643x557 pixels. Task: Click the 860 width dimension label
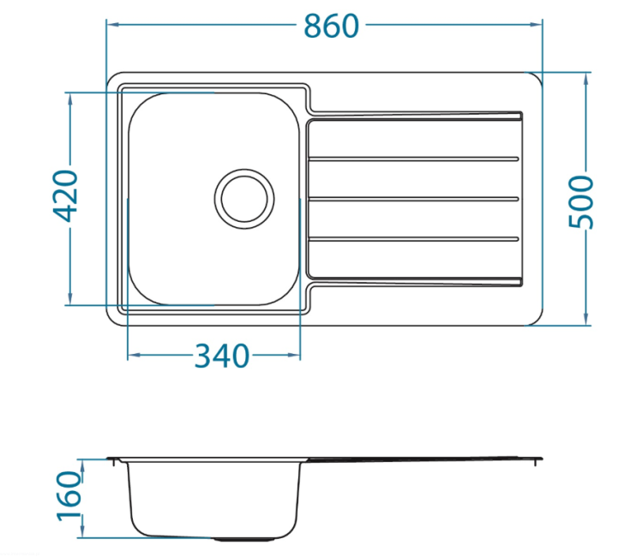pyautogui.click(x=331, y=27)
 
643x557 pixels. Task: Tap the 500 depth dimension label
pyautogui.click(x=581, y=201)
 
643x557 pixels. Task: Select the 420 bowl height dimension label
pyautogui.click(x=66, y=196)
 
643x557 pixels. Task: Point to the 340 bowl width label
pyautogui.click(x=222, y=356)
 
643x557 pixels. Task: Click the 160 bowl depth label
pyautogui.click(x=69, y=496)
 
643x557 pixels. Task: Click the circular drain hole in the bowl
pyautogui.click(x=244, y=199)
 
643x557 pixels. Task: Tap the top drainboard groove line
pyautogui.click(x=413, y=159)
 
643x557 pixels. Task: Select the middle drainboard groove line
pyautogui.click(x=413, y=199)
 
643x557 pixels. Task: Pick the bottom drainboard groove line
pyautogui.click(x=413, y=239)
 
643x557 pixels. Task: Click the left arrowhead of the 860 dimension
pyautogui.click(x=113, y=25)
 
